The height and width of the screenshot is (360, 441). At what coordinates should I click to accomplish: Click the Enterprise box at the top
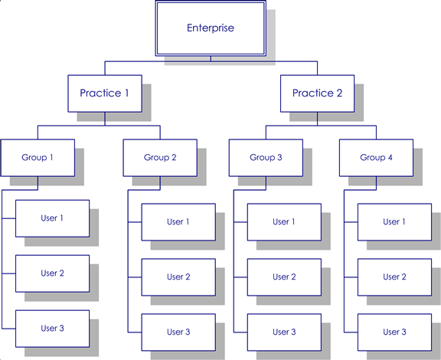[211, 28]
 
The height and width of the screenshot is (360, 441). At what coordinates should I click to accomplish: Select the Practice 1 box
[105, 93]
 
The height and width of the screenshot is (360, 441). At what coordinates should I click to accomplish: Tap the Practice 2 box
[317, 93]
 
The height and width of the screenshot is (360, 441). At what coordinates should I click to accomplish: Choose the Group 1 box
[38, 158]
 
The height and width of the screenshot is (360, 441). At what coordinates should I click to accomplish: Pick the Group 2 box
[160, 158]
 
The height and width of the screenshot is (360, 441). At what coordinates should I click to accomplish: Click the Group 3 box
[266, 158]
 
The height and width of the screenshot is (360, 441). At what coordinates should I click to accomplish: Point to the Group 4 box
[377, 158]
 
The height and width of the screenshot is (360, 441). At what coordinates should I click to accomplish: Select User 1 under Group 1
[52, 218]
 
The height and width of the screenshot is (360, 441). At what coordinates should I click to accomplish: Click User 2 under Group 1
[52, 273]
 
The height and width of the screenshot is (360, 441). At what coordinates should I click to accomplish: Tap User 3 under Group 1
[52, 329]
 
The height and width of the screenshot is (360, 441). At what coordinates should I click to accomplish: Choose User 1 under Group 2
[178, 222]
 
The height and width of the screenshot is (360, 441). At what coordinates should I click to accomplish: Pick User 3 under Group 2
[178, 332]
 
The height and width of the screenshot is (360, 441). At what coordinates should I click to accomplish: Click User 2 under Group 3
[284, 277]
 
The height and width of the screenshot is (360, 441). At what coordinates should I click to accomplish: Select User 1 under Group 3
[284, 222]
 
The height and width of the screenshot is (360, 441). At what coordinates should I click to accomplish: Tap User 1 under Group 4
[394, 222]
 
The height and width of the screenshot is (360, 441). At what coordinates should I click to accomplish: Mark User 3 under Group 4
[394, 332]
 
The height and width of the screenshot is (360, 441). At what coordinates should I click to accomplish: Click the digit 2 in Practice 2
[339, 93]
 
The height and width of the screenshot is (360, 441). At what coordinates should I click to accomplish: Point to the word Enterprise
[211, 28]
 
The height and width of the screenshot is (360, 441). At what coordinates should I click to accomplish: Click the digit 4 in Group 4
[390, 157]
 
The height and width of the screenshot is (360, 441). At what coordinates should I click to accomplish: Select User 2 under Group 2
[178, 277]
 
